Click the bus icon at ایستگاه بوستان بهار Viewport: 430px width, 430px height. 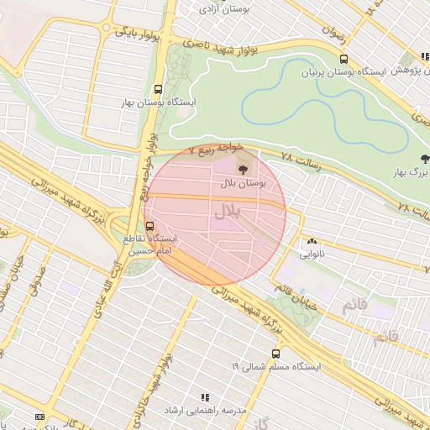point(158,89)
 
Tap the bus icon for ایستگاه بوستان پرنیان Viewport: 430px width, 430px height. point(343,59)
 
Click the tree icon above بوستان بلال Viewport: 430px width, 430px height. point(244,170)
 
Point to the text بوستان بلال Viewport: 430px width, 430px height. point(243,182)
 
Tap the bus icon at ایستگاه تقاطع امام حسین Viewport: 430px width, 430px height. point(149,225)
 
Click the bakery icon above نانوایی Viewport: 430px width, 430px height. point(312,239)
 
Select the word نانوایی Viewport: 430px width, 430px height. point(311,251)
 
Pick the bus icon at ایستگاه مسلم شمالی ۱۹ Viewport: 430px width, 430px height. point(275,354)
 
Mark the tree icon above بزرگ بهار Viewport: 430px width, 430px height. point(424,159)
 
